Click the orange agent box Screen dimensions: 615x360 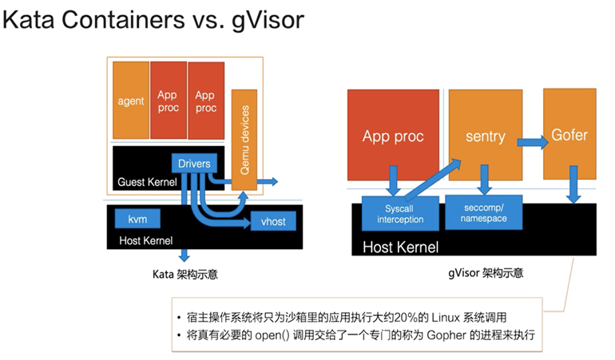tap(131, 100)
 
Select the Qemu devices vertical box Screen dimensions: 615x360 tap(244, 140)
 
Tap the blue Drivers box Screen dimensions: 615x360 tap(194, 163)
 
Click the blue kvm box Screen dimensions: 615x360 tap(137, 219)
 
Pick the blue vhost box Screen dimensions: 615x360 tap(273, 221)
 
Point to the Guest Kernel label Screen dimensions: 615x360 tap(147, 182)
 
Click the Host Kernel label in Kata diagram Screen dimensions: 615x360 tap(146, 240)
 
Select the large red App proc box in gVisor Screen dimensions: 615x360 tap(393, 135)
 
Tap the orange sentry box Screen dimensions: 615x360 tap(486, 135)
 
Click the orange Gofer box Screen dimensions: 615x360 tap(569, 134)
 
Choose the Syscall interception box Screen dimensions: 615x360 tap(400, 213)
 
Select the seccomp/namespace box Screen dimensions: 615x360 tap(483, 212)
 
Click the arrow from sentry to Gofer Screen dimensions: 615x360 tap(533, 142)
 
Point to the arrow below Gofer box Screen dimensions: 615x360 tap(573, 184)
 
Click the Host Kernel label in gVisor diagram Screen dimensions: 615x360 tap(400, 247)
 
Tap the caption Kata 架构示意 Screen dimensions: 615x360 tap(185, 274)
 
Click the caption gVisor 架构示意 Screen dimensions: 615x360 tap(486, 272)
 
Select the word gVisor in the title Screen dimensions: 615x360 tap(268, 20)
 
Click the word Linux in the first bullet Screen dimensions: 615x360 tap(446, 317)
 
